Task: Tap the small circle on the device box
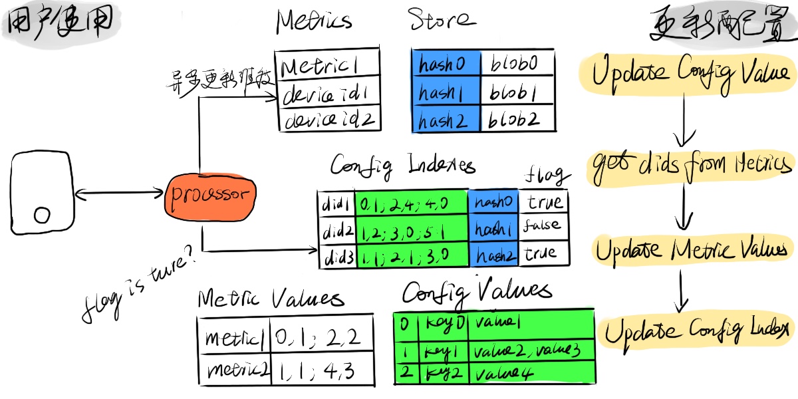click(x=42, y=215)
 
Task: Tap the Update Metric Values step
click(x=691, y=250)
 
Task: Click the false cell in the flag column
click(x=543, y=227)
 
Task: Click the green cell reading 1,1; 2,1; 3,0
click(x=411, y=255)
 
